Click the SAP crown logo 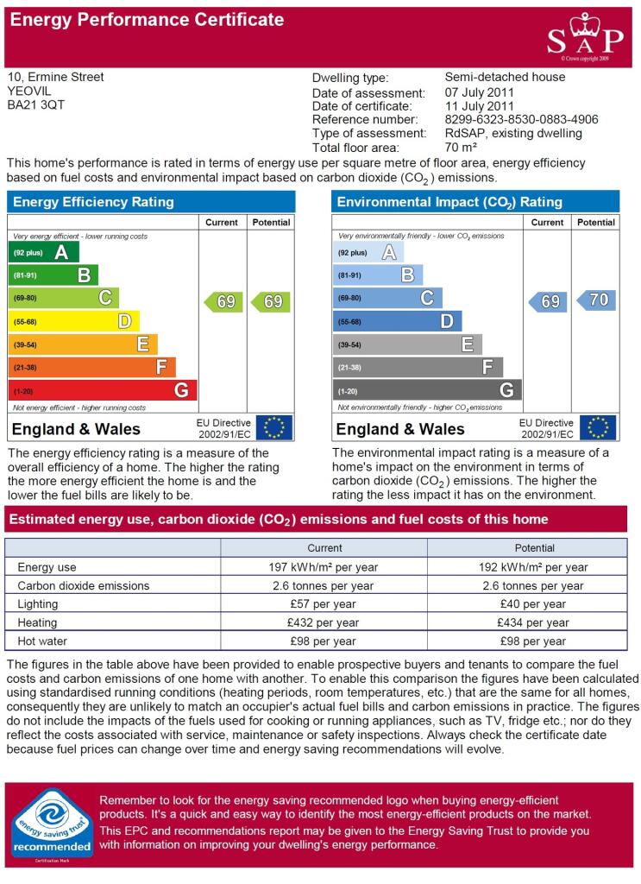point(585,38)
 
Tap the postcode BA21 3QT point(36,104)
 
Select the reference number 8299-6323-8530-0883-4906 point(522,119)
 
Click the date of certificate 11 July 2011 point(480,106)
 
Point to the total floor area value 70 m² point(461,147)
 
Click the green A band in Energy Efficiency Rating point(43,252)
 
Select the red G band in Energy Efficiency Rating point(103,390)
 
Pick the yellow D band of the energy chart point(73,321)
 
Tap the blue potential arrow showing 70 point(596,300)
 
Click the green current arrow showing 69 point(223,301)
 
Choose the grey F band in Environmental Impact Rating point(418,367)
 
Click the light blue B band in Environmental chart point(377,275)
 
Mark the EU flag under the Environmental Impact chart point(598,427)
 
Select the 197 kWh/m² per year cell point(324,567)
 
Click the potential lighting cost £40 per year point(533,604)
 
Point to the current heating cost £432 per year point(323,622)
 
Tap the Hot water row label point(42,641)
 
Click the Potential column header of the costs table point(535,548)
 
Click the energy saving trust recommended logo point(53,824)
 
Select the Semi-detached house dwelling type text point(506,77)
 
